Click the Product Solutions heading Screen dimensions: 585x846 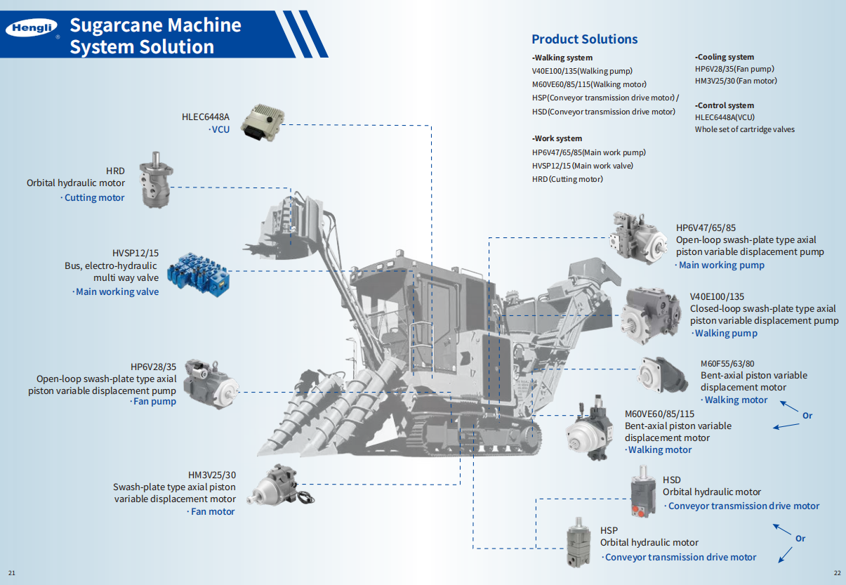coord(584,39)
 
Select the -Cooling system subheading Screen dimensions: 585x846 coord(725,57)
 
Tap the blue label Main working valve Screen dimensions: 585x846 coord(117,291)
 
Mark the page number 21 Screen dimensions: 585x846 coord(11,572)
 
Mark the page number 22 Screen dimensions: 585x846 coord(836,572)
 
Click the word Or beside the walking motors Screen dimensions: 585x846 coord(807,416)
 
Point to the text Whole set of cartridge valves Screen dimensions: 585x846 coord(745,129)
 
